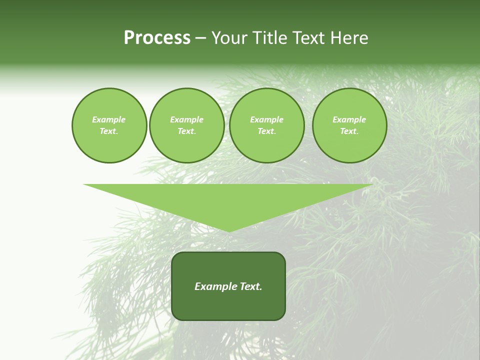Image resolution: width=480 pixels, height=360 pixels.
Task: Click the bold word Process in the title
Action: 157,38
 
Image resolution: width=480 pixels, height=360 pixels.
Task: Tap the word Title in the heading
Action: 269,38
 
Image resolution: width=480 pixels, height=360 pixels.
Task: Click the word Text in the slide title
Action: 308,38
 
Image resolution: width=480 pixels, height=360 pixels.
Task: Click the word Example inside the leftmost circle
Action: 109,119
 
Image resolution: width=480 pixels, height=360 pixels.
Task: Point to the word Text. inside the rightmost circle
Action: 349,131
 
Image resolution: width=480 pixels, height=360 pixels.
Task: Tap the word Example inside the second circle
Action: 186,119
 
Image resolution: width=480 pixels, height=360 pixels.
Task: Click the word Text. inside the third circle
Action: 266,131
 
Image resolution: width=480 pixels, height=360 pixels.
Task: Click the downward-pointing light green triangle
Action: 228,200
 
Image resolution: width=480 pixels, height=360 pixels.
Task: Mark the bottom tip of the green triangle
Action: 228,230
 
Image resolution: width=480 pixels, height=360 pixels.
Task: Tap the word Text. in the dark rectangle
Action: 250,286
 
